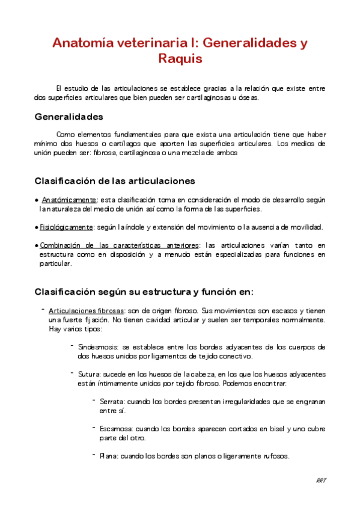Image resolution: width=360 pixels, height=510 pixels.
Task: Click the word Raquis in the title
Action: tap(180, 59)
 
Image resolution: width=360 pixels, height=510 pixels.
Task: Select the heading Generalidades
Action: tap(69, 116)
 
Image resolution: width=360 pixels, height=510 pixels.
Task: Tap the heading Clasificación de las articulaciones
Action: tap(114, 180)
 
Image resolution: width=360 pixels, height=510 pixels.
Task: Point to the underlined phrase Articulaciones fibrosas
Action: tap(86, 310)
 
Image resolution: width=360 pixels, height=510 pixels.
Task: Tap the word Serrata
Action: tap(111, 401)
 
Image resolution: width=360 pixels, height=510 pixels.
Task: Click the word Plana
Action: tap(108, 456)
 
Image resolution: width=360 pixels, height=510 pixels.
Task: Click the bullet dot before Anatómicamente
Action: tap(37, 200)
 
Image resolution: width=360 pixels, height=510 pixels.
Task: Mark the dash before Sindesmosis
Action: tap(72, 346)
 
